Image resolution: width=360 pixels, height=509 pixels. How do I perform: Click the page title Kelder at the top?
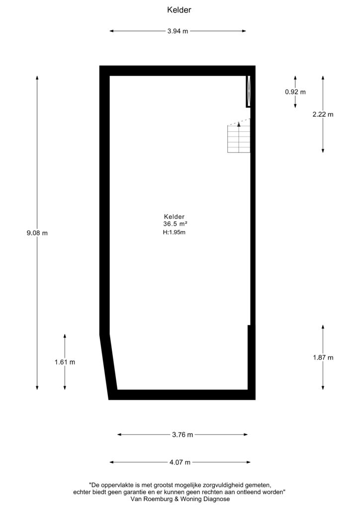(x=179, y=10)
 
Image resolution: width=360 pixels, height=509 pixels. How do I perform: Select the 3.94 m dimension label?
(x=178, y=31)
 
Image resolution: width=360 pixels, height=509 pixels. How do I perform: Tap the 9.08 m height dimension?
(x=37, y=233)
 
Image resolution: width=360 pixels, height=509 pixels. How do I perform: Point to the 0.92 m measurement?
(x=295, y=92)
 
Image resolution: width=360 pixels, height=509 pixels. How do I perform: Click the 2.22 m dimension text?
(x=323, y=114)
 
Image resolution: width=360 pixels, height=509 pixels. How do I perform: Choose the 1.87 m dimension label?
(x=323, y=357)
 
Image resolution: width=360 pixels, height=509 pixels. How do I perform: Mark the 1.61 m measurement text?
(x=65, y=362)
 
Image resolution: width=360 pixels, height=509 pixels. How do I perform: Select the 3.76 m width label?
(x=182, y=434)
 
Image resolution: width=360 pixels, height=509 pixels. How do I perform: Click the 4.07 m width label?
(x=180, y=462)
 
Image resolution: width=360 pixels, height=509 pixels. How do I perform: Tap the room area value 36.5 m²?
(x=176, y=224)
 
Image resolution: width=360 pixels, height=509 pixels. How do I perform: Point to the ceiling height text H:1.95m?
(x=174, y=233)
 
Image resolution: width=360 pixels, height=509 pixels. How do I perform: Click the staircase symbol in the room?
(x=239, y=136)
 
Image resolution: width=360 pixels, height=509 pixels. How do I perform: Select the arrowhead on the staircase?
(x=239, y=124)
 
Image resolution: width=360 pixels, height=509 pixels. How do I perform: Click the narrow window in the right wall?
(x=248, y=91)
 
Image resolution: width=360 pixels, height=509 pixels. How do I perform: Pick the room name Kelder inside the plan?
(x=175, y=217)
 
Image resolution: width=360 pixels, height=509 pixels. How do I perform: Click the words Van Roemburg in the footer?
(x=152, y=499)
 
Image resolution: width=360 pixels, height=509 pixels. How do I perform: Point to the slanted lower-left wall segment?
(x=108, y=366)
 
